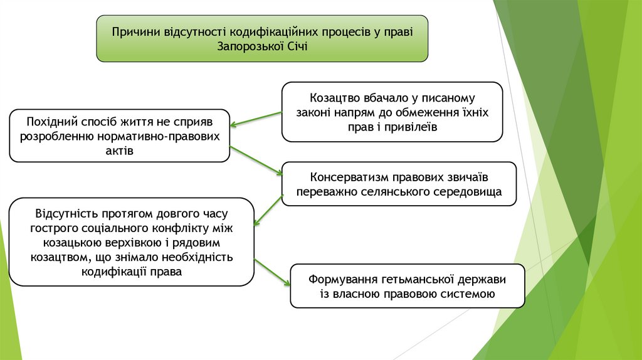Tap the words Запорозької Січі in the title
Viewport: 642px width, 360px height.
coord(262,46)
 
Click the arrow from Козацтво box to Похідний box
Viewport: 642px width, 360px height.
coord(255,119)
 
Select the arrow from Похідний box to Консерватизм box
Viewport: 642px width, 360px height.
coord(256,161)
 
